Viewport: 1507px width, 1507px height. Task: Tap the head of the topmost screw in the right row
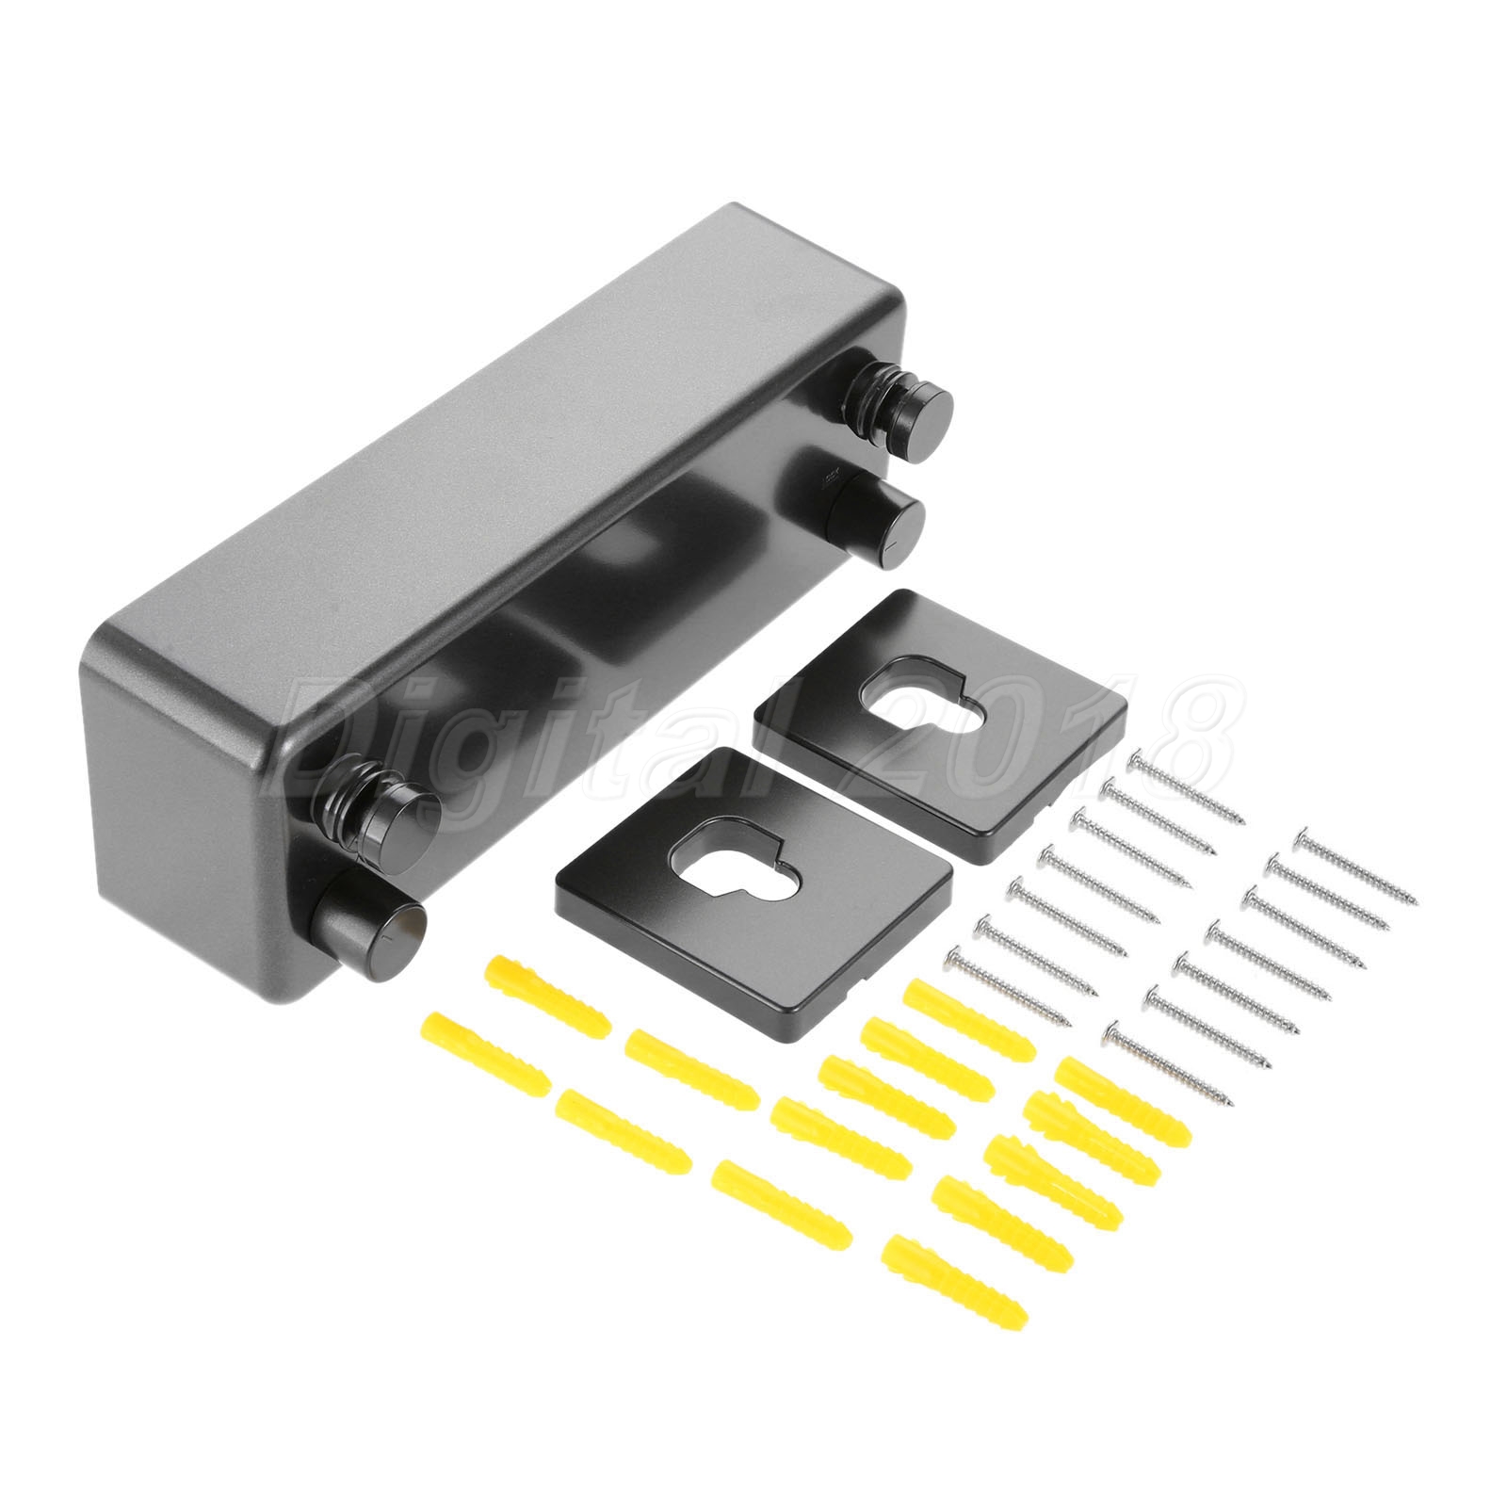(1305, 832)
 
